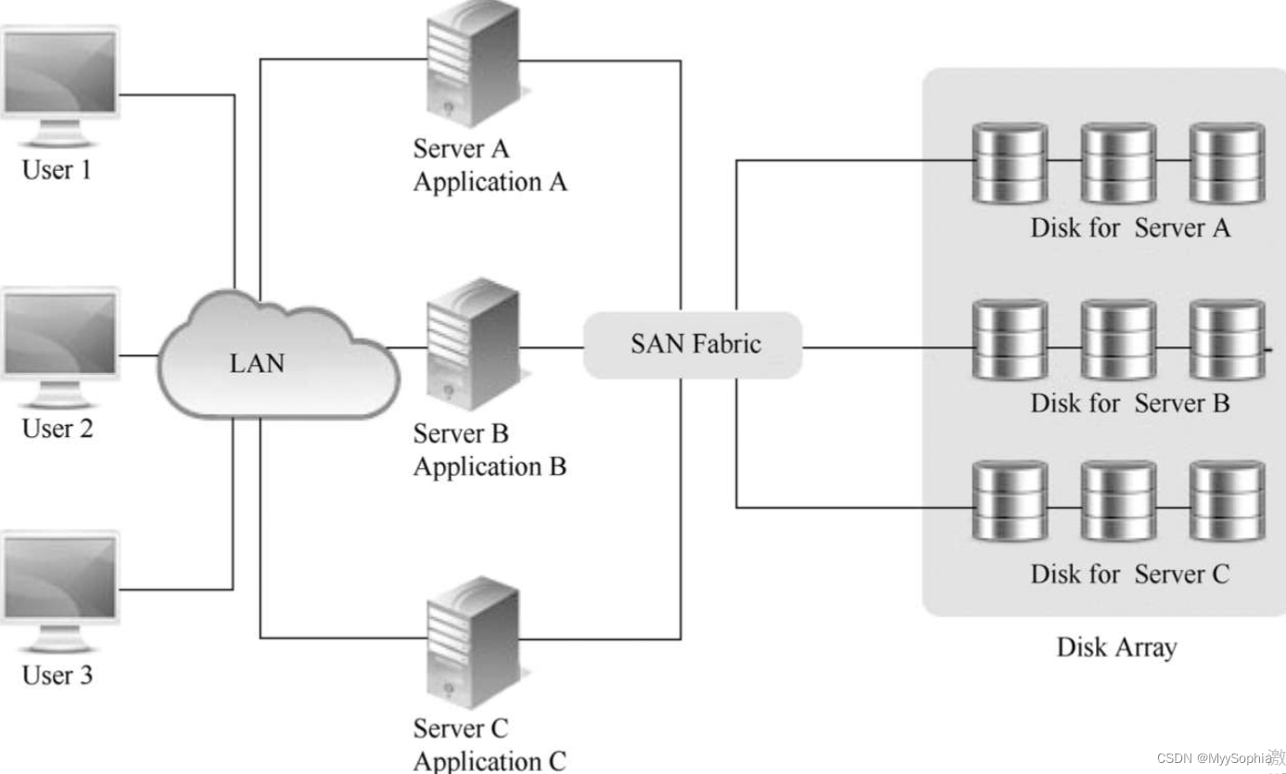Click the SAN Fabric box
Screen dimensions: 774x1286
[x=693, y=344]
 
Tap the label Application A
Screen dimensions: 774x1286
[x=490, y=182]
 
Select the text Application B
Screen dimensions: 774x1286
[x=490, y=466]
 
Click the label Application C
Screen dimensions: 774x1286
[x=490, y=761]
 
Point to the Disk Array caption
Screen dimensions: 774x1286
[x=1115, y=647]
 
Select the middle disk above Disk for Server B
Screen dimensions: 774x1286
[x=1118, y=341]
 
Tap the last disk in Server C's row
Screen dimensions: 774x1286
[x=1227, y=501]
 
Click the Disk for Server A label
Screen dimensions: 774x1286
[x=1130, y=227]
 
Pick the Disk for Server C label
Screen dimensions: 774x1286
[x=1129, y=574]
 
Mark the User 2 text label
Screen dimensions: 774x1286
[x=57, y=429]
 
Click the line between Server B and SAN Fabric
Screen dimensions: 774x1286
[x=552, y=348]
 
